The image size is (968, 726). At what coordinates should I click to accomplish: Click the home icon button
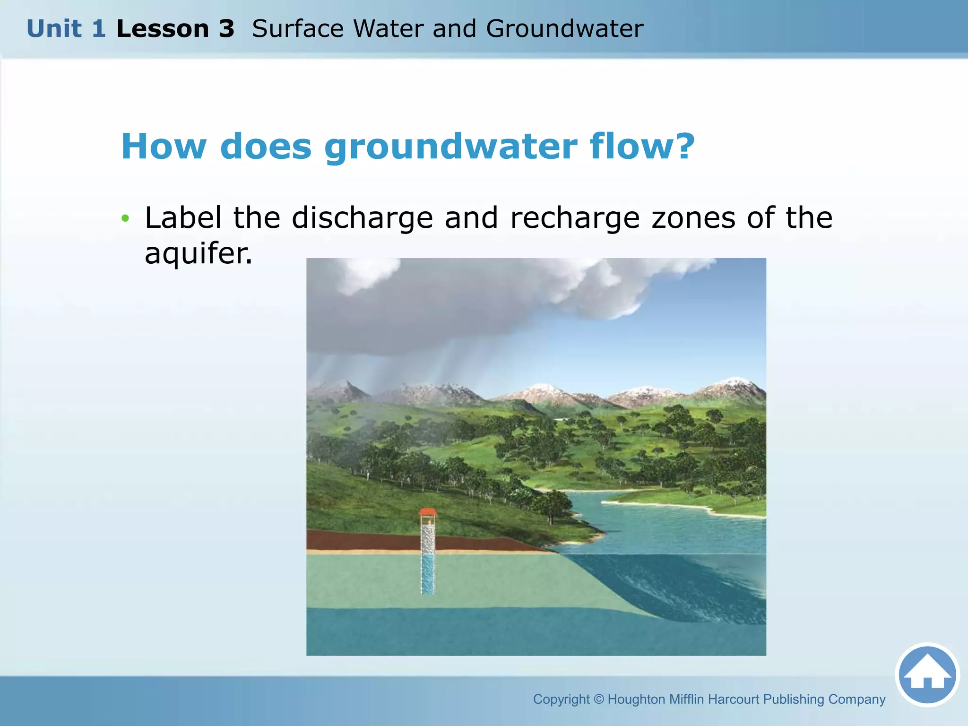click(x=927, y=674)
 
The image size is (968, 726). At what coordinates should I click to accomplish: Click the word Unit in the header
click(x=54, y=29)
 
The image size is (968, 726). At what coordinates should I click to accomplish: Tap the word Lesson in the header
click(x=163, y=29)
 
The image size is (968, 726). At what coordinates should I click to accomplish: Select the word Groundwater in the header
click(x=564, y=29)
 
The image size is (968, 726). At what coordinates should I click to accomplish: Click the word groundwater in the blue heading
click(x=450, y=147)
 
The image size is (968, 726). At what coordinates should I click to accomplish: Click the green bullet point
click(x=125, y=218)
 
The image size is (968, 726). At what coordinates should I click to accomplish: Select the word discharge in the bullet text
click(x=362, y=218)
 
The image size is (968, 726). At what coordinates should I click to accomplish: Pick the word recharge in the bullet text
click(x=575, y=218)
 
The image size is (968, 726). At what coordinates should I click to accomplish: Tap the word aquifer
click(x=198, y=253)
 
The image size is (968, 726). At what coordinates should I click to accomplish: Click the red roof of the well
click(x=428, y=512)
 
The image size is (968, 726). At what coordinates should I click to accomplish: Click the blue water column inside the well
click(x=428, y=574)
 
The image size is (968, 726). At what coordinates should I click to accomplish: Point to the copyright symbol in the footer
click(x=598, y=699)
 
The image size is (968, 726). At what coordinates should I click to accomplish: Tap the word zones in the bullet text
click(x=693, y=218)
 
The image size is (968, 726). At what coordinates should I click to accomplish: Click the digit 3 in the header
click(x=226, y=29)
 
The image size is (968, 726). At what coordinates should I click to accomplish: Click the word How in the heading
click(x=164, y=147)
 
